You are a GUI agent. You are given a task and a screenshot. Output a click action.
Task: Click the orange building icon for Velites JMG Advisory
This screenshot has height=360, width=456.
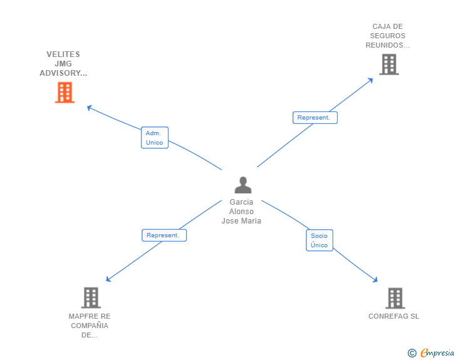[x=65, y=93]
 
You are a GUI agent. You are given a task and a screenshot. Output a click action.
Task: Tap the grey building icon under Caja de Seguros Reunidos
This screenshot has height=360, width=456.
[x=389, y=64]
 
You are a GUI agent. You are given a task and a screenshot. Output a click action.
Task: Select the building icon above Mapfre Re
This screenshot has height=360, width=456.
[x=91, y=297]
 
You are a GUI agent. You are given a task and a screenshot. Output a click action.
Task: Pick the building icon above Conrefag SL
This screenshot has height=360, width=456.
[x=395, y=298]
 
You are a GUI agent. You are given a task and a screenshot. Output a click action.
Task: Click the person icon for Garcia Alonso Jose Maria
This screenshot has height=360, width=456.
[x=243, y=185]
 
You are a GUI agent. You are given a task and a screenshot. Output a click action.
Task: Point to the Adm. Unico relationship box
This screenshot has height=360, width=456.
[x=155, y=138]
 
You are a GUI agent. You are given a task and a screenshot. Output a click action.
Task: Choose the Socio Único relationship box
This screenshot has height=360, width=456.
[x=319, y=240]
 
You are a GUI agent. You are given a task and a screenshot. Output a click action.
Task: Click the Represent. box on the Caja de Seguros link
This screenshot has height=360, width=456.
[x=315, y=118]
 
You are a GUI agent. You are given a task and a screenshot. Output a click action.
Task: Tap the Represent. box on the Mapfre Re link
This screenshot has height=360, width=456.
[x=164, y=235]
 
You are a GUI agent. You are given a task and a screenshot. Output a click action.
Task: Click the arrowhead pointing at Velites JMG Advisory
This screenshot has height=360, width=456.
[x=90, y=108]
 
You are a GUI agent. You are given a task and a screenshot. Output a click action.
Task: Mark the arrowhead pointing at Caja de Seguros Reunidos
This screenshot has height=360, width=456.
[x=370, y=80]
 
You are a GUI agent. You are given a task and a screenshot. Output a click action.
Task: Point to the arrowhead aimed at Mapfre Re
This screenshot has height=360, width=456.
[x=108, y=279]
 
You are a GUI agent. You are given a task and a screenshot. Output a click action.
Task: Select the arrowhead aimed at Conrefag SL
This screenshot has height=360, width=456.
[x=375, y=280]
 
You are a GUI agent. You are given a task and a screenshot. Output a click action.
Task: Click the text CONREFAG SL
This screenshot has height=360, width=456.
[x=394, y=316]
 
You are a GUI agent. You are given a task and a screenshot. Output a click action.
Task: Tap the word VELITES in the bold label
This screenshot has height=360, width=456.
[x=63, y=54]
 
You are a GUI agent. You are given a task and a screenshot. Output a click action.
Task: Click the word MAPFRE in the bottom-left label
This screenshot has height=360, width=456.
[x=81, y=316]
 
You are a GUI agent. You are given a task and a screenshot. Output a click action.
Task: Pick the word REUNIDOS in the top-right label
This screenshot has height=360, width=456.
[x=384, y=45]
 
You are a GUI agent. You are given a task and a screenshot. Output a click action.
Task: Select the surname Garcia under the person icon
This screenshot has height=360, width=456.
[x=241, y=202]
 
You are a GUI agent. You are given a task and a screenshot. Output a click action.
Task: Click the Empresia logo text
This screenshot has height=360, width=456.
[x=437, y=352]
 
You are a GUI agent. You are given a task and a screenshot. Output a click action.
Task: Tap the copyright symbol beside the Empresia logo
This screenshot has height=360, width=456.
[x=412, y=353]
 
